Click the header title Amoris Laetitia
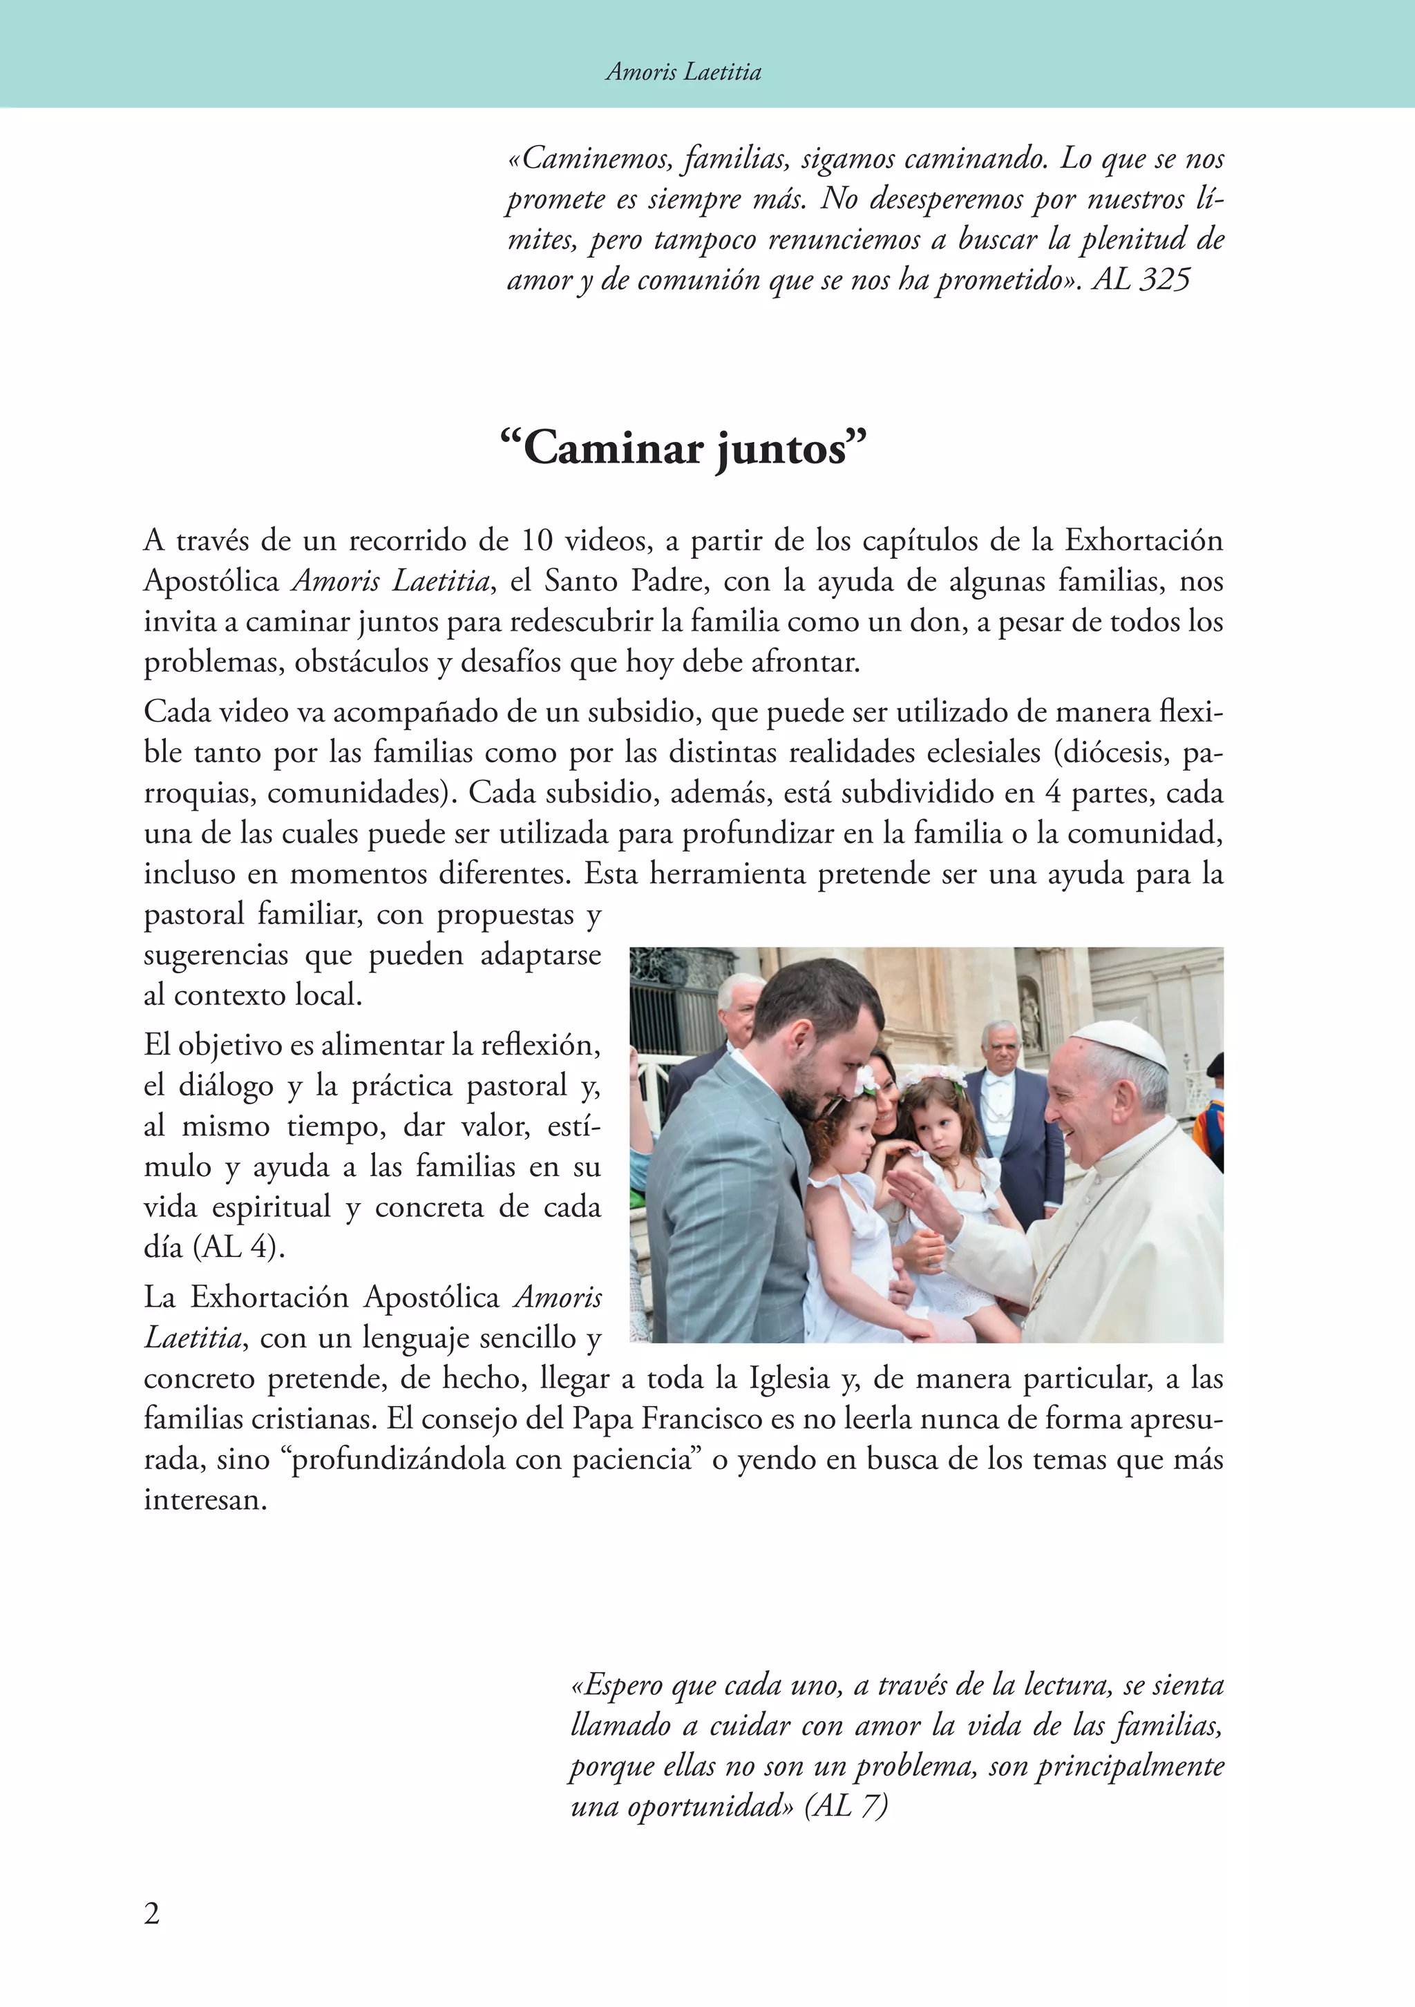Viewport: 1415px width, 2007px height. pyautogui.click(x=683, y=72)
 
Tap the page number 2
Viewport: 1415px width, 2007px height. pyautogui.click(x=152, y=1914)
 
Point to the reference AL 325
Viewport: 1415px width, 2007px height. pyautogui.click(x=1141, y=280)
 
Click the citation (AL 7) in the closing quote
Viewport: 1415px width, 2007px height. pyautogui.click(x=846, y=1805)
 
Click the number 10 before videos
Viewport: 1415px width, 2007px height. pyautogui.click(x=537, y=540)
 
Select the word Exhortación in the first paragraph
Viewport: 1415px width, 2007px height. pyautogui.click(x=1143, y=540)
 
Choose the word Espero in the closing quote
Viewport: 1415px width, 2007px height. pyautogui.click(x=618, y=1684)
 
